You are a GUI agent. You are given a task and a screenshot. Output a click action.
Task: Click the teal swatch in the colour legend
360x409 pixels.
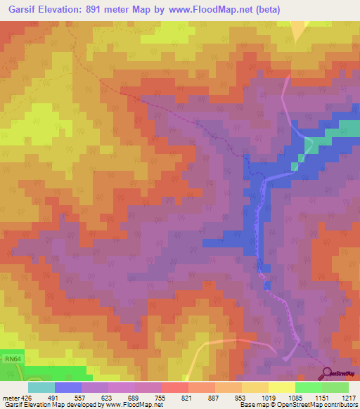point(41,387)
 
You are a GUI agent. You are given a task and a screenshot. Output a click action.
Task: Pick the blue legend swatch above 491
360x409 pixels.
point(68,387)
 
